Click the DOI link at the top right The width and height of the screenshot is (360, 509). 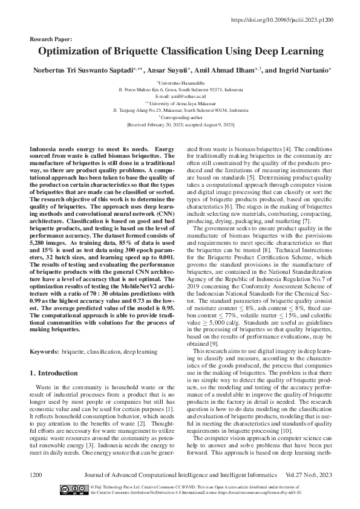click(292, 19)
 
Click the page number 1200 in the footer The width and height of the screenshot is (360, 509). click(35, 476)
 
